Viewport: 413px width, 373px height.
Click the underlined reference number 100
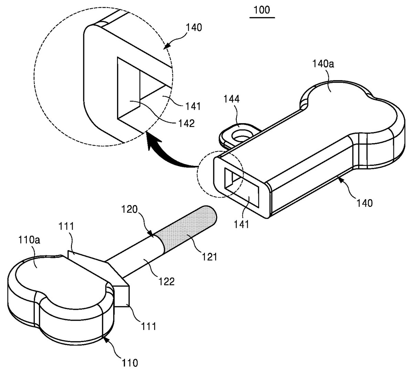coord(262,10)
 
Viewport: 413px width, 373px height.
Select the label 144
coord(232,99)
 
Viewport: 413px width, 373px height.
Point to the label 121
coord(209,257)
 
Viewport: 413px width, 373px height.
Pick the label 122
coord(166,281)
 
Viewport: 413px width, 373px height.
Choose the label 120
coord(129,209)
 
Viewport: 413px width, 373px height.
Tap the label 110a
coord(29,240)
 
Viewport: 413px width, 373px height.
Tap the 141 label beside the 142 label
coord(193,106)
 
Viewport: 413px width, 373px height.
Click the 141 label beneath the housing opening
coord(242,224)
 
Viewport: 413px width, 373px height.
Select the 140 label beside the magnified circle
coord(194,28)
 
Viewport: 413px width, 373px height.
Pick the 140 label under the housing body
coord(364,203)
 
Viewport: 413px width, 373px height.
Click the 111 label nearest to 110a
coord(66,226)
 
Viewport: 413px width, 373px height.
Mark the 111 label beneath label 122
coord(148,326)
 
